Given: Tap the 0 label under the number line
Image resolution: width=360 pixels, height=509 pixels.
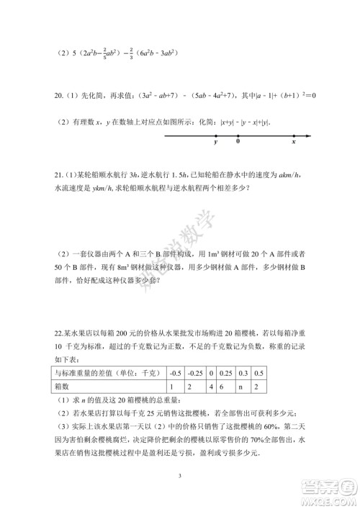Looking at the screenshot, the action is click(x=238, y=143).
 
